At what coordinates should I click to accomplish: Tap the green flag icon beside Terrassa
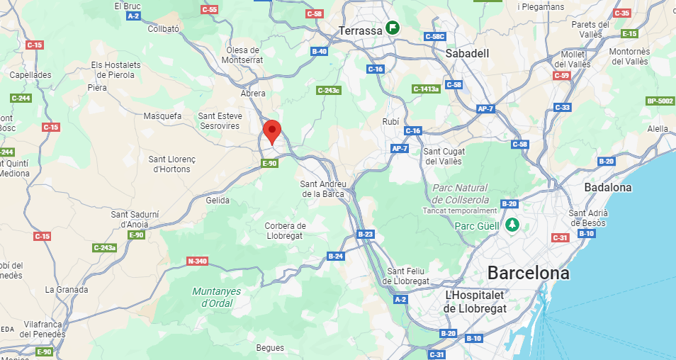[x=392, y=28]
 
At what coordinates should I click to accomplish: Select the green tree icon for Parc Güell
[x=512, y=225]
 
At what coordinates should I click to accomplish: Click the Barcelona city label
[x=528, y=273]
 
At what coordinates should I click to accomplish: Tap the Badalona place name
[x=607, y=187]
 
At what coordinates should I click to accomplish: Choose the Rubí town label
[x=390, y=122]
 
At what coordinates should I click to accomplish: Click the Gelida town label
[x=218, y=201]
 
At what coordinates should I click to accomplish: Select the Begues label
[x=271, y=348]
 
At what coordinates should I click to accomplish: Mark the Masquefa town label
[x=163, y=116]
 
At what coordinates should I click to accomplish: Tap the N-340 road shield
[x=197, y=261]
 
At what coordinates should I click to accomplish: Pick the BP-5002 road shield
[x=660, y=101]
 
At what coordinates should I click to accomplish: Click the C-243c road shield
[x=328, y=90]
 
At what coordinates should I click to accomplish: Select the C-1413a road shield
[x=426, y=89]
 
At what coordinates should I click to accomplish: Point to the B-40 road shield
[x=320, y=51]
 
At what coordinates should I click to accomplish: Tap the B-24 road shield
[x=335, y=256]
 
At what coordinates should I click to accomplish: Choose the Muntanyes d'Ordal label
[x=217, y=298]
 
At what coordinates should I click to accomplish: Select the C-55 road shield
[x=210, y=9]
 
